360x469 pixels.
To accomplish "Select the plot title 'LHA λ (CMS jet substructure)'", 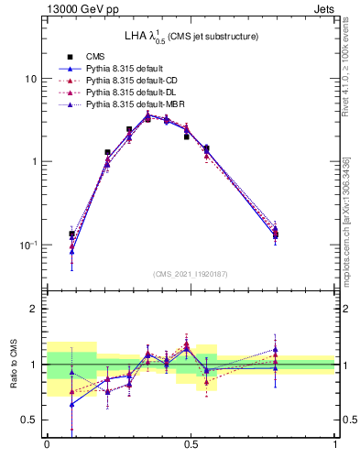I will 191,37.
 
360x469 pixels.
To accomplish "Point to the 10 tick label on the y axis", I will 30,79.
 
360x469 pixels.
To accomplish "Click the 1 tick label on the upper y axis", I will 33,162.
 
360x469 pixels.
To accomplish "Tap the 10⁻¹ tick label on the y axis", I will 28,245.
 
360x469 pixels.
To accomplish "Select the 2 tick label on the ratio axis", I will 33,309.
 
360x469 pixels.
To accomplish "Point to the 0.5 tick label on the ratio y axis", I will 29,420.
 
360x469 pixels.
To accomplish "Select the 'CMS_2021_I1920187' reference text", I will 191,274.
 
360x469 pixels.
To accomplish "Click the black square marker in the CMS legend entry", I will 70,57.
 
